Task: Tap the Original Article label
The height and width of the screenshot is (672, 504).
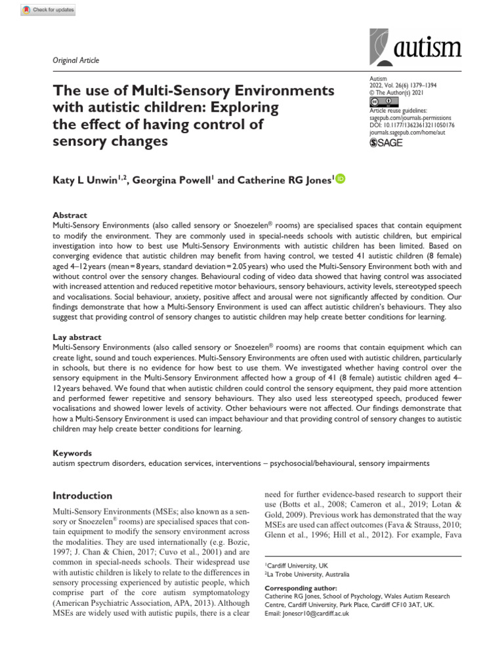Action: click(x=75, y=60)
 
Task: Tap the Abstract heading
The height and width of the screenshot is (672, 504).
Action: click(x=69, y=215)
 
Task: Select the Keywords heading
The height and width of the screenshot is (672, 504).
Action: click(x=72, y=453)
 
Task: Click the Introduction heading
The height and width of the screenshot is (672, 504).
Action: click(x=82, y=495)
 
